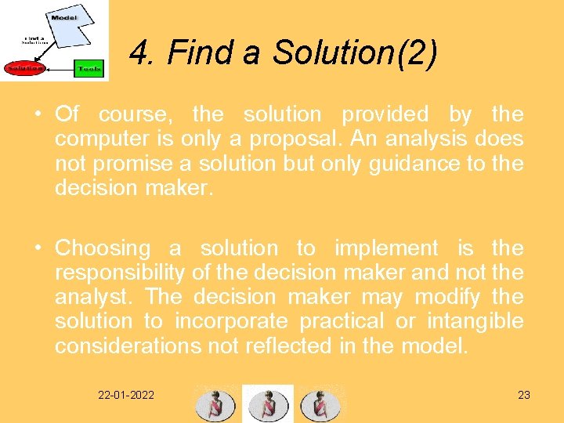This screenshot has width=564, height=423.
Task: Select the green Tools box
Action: pos(88,69)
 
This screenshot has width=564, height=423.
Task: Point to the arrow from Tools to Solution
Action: pos(58,69)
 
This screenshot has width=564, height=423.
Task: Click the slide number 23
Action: pos(524,395)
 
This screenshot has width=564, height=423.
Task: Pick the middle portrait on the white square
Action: pos(267,403)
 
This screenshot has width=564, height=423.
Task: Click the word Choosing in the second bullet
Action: pos(103,248)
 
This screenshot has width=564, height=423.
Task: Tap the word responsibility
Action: pos(120,273)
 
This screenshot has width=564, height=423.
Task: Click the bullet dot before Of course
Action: pos(38,114)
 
